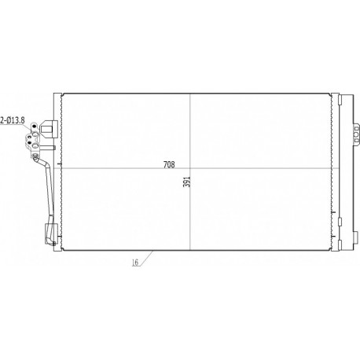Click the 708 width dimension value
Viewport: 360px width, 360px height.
click(x=169, y=165)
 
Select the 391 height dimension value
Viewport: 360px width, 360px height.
click(x=186, y=182)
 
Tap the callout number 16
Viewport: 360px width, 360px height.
click(x=135, y=263)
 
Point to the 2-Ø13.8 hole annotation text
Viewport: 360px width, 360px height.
click(x=13, y=120)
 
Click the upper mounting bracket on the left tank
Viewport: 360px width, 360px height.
click(x=49, y=128)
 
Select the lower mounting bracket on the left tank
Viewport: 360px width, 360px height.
click(x=50, y=233)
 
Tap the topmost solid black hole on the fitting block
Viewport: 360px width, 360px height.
click(x=35, y=127)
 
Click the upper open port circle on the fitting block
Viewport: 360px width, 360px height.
click(x=35, y=134)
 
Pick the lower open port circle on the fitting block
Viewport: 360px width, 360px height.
click(x=35, y=145)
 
